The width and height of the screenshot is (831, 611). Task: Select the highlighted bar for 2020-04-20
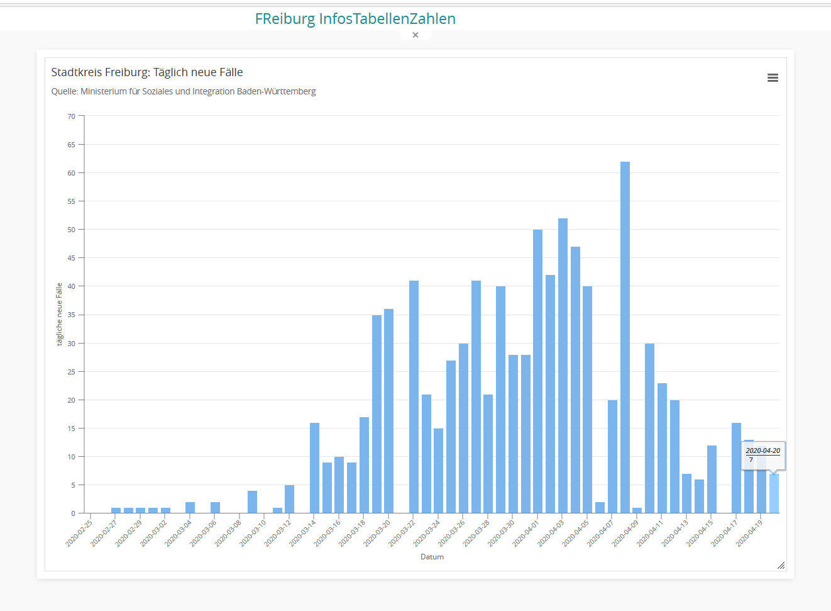(774, 494)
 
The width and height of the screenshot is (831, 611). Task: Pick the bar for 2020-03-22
(414, 396)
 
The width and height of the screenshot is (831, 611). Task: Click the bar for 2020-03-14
(314, 468)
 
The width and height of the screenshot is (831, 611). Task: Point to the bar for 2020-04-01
(537, 371)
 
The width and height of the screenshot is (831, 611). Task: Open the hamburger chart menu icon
(773, 78)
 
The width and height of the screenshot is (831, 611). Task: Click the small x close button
(415, 35)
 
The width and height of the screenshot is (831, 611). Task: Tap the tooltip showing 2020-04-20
(763, 455)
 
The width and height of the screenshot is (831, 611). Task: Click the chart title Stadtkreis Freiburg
(147, 72)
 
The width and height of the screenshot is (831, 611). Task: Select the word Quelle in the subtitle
(64, 92)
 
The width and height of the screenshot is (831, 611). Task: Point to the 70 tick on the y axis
(72, 116)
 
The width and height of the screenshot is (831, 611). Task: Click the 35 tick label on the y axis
(72, 315)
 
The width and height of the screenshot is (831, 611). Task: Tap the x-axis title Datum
(432, 557)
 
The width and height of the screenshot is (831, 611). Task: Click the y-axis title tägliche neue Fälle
(60, 314)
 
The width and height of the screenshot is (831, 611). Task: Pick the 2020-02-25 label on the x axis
(79, 533)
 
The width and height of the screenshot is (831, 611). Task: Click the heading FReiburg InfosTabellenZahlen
(355, 19)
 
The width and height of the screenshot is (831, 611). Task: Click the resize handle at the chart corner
(781, 565)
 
